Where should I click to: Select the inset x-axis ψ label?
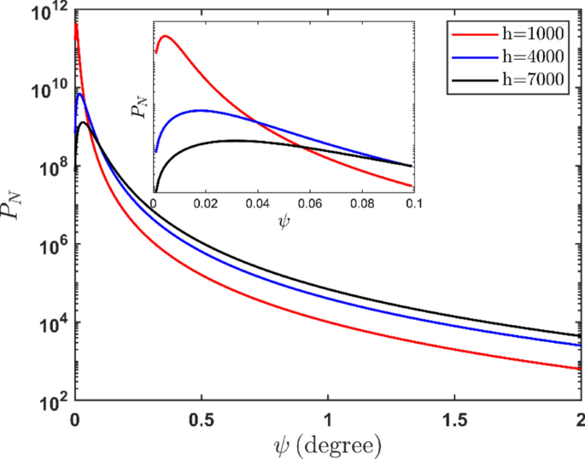[284, 226]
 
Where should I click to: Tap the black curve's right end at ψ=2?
[580, 335]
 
